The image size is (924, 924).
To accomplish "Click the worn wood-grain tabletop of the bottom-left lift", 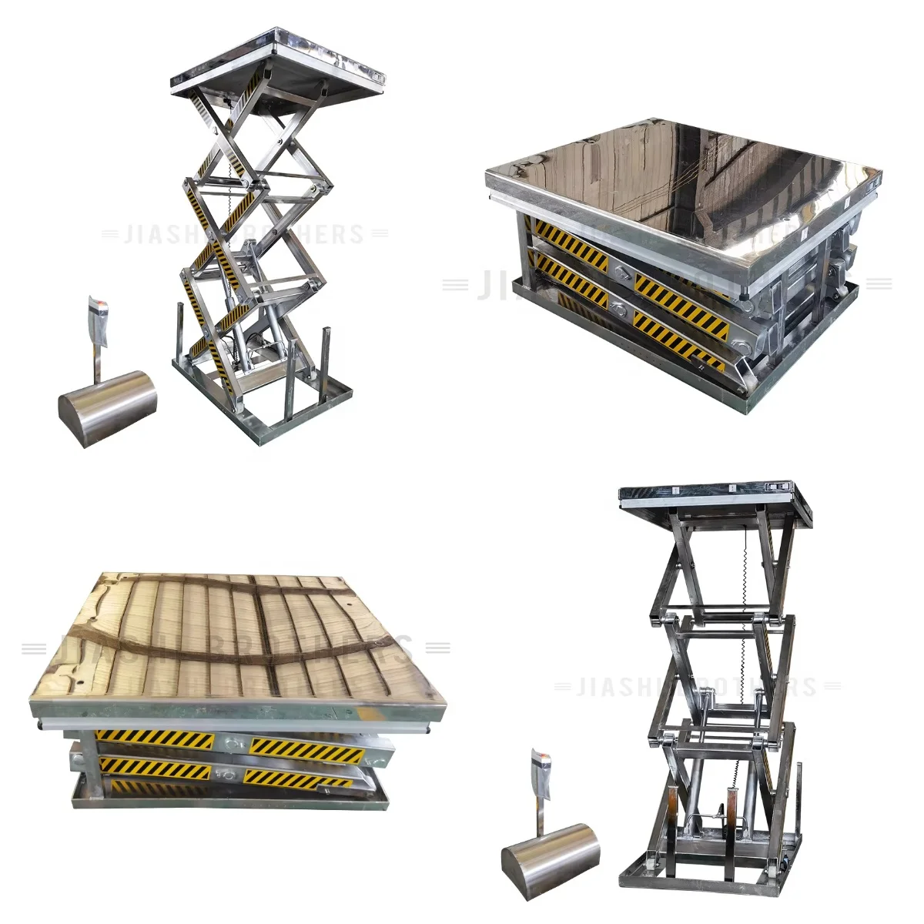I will [x=239, y=639].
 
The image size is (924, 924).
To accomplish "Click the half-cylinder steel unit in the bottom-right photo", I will [x=550, y=859].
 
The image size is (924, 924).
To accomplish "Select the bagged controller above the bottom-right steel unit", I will [x=541, y=778].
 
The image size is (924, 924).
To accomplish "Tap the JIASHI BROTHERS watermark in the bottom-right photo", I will [x=697, y=686].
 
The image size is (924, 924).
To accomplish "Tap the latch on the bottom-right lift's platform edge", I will [x=778, y=487].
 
